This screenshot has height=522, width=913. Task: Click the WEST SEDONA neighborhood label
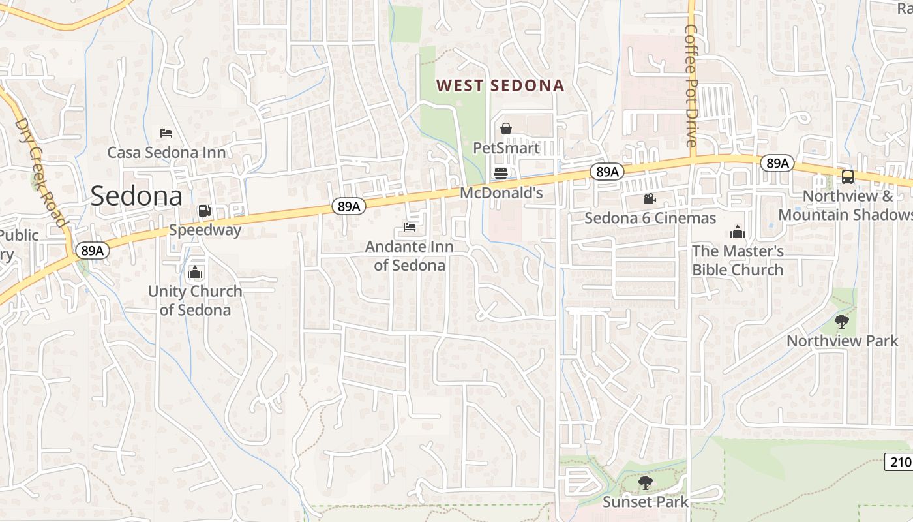500,85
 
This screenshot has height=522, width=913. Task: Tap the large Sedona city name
136,196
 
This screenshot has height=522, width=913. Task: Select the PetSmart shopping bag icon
505,129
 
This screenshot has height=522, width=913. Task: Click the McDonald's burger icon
501,174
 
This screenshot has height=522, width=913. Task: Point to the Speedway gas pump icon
204,211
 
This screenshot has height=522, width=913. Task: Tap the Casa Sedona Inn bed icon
166,133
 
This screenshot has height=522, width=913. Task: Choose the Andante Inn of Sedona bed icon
409,227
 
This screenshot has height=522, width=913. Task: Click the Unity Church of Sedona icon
194,273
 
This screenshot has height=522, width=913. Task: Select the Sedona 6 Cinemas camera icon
650,199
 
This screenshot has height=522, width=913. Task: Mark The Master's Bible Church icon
738,232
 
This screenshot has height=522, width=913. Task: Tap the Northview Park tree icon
841,321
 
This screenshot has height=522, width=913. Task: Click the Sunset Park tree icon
645,483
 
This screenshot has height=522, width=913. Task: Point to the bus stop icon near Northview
847,176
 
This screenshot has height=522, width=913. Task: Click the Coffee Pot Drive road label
691,85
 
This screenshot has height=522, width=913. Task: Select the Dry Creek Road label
42,173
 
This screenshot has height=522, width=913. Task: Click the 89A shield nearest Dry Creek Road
93,251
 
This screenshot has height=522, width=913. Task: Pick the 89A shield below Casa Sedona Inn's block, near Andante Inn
348,207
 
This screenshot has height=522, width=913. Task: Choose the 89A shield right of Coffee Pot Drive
777,163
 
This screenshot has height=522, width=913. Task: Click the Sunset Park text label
645,502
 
